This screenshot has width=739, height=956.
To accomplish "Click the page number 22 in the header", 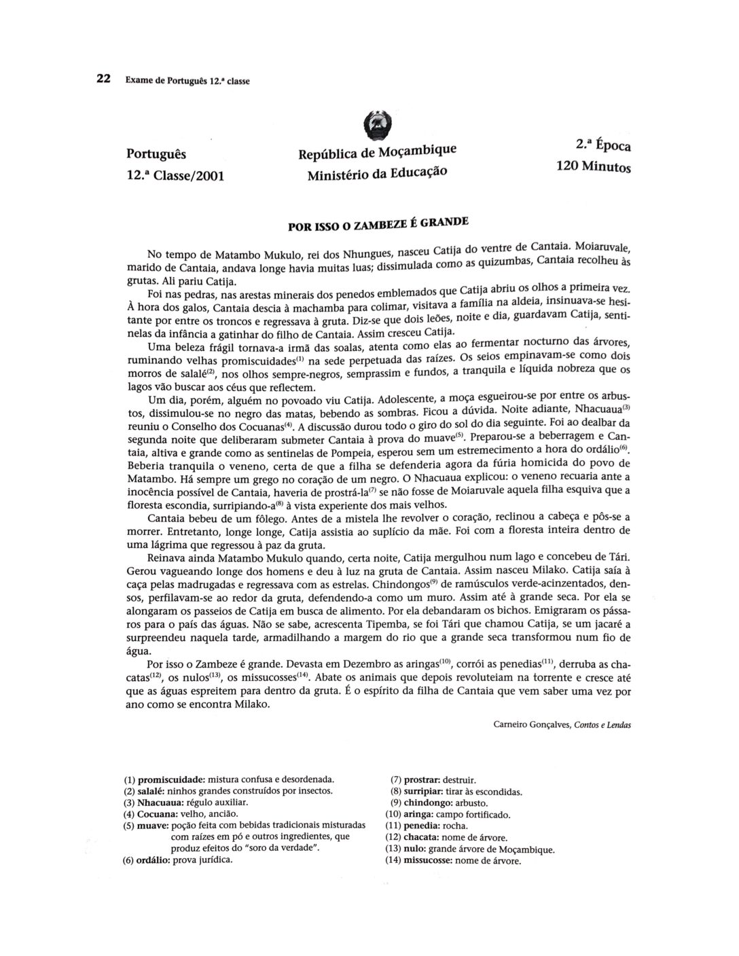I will coord(103,79).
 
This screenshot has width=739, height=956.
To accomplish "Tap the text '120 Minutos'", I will coord(594,166).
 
